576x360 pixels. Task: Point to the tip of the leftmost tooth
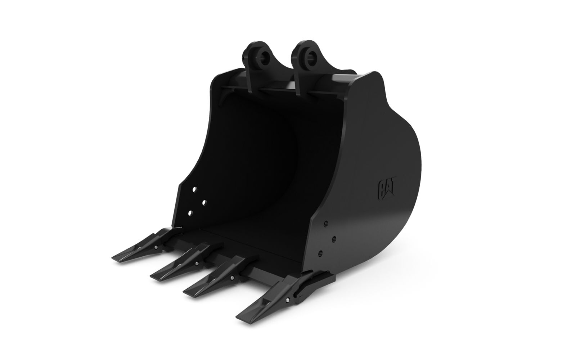[x=113, y=258]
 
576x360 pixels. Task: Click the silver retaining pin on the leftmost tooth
[x=156, y=247]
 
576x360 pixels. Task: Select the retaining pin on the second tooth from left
[x=197, y=263]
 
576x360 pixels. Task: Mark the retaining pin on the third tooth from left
[x=232, y=278]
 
